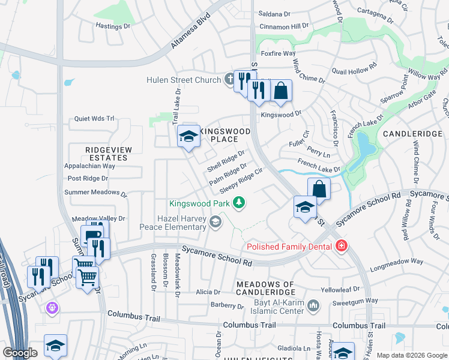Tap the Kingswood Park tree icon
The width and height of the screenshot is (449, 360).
pos(240,203)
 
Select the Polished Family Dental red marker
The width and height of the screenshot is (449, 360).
pos(342,246)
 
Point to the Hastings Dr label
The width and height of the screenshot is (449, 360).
pos(113,26)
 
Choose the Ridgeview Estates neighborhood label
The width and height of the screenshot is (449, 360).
pos(106,154)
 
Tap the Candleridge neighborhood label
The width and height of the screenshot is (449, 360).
pos(412,133)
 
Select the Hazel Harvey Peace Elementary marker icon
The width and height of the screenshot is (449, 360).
pos(215,223)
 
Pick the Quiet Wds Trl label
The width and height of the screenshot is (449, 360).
pos(94,119)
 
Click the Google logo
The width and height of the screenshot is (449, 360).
pos(20,353)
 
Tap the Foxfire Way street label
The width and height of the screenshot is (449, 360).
pos(278,53)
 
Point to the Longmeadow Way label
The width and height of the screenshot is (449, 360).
pos(397,262)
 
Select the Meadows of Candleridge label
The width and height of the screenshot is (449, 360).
pos(265,288)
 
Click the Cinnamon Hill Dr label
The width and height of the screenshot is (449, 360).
pos(284,26)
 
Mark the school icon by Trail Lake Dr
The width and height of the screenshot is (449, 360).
pos(188,137)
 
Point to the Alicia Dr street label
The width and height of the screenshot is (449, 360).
pos(208,292)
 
